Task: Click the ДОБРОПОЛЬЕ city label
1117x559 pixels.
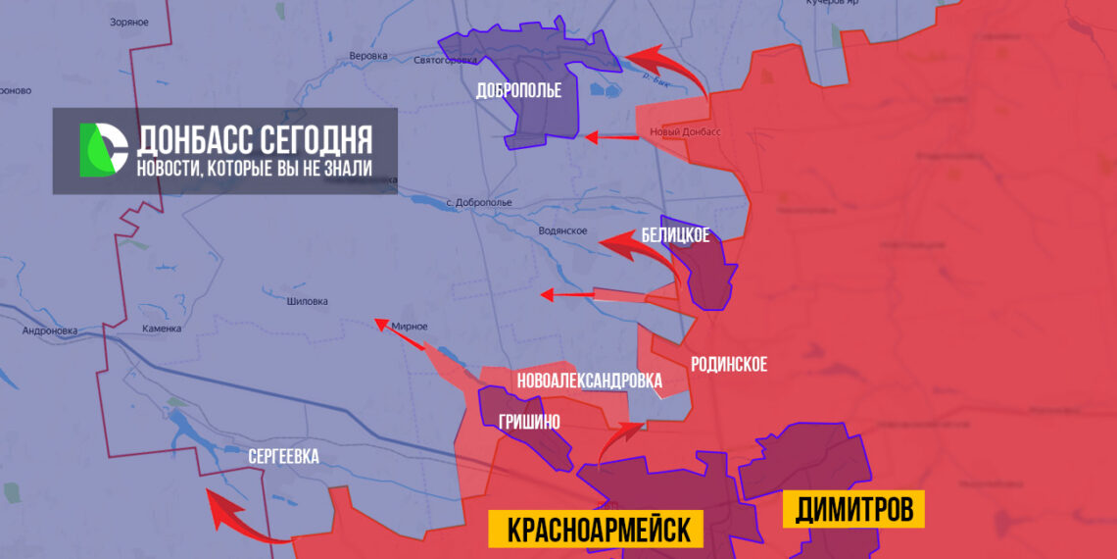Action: (518, 91)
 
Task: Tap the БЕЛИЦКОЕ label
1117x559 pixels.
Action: (675, 235)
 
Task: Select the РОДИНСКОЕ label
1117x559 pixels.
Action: (728, 365)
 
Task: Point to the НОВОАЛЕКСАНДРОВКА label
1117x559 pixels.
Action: (588, 381)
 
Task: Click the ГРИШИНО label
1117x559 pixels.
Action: (529, 422)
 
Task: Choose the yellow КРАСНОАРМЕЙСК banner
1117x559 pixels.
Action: (596, 530)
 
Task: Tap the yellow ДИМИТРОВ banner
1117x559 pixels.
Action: (853, 509)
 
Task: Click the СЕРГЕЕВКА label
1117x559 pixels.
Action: (283, 457)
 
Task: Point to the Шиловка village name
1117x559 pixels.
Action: (308, 302)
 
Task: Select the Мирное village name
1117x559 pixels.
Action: (409, 326)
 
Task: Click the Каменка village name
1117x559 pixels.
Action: (162, 329)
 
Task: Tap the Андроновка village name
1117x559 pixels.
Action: (49, 330)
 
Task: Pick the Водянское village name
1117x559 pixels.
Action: (562, 230)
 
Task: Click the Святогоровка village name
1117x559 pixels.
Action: (446, 60)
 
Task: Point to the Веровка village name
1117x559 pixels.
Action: (368, 56)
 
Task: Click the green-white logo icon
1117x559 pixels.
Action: (104, 150)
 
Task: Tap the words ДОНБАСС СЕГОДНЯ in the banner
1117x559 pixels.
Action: (254, 140)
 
